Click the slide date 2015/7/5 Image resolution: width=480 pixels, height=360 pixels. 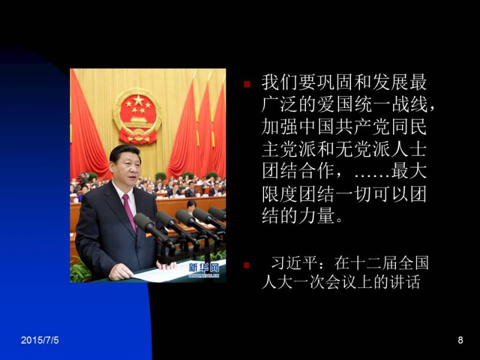(40, 340)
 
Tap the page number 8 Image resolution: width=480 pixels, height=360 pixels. (460, 340)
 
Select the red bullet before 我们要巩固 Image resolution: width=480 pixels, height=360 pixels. (247, 84)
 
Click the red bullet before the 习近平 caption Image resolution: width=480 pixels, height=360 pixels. (247, 265)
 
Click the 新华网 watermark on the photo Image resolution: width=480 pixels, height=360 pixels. (204, 268)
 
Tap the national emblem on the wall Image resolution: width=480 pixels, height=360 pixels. (137, 116)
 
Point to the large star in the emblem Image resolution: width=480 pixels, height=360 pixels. (138, 100)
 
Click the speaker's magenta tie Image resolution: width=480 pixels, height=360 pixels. (130, 212)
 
